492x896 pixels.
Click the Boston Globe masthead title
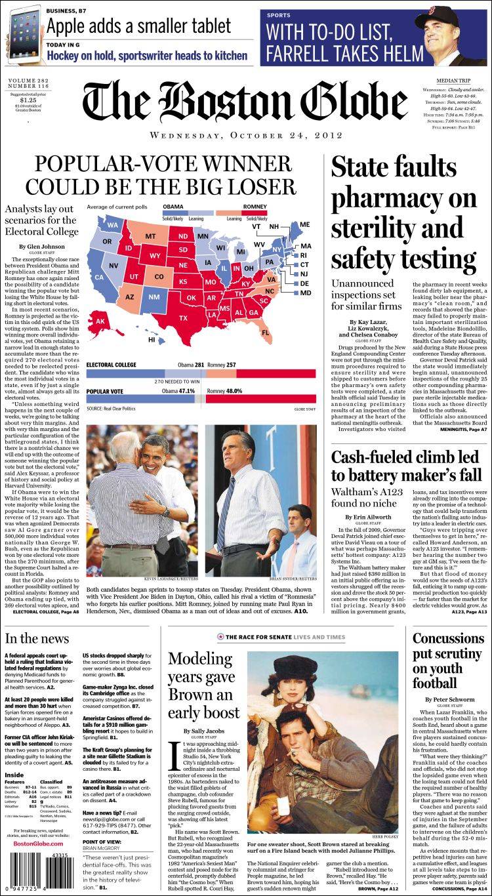(x=244, y=101)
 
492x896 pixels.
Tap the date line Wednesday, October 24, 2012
(x=246, y=136)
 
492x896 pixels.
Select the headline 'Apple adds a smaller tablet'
(x=138, y=26)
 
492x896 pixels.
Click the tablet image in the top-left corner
(x=22, y=33)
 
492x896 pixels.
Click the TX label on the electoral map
(x=183, y=317)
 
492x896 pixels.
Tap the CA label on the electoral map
(x=99, y=277)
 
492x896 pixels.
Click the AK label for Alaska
(x=101, y=322)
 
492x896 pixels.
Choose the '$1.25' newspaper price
(x=22, y=100)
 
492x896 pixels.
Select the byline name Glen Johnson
(x=42, y=247)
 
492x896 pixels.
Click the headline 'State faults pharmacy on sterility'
(x=403, y=215)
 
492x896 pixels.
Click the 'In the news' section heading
(x=36, y=638)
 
